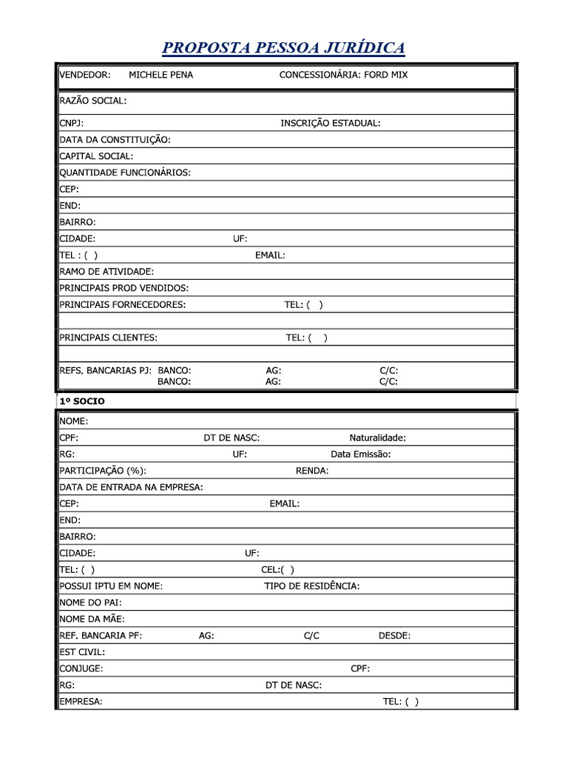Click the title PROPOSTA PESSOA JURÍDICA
[x=283, y=48]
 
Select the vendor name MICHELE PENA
[x=160, y=75]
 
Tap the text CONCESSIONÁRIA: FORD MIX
[x=343, y=75]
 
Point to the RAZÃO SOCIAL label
[x=93, y=101]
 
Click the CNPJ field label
[x=72, y=123]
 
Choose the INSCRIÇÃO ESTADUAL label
[x=331, y=123]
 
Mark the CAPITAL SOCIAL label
[x=97, y=156]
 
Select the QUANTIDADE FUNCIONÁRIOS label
[x=125, y=172]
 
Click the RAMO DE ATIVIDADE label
[x=106, y=272]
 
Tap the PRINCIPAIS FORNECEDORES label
[x=123, y=304]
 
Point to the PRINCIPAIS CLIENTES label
[x=109, y=338]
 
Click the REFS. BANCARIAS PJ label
[x=106, y=370]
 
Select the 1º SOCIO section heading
[x=82, y=401]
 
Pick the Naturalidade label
[x=377, y=437]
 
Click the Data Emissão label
[x=361, y=454]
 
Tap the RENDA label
[x=312, y=471]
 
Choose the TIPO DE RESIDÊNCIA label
[x=312, y=586]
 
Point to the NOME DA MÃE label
[x=92, y=619]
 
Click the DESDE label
[x=394, y=635]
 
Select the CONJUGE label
[x=81, y=668]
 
